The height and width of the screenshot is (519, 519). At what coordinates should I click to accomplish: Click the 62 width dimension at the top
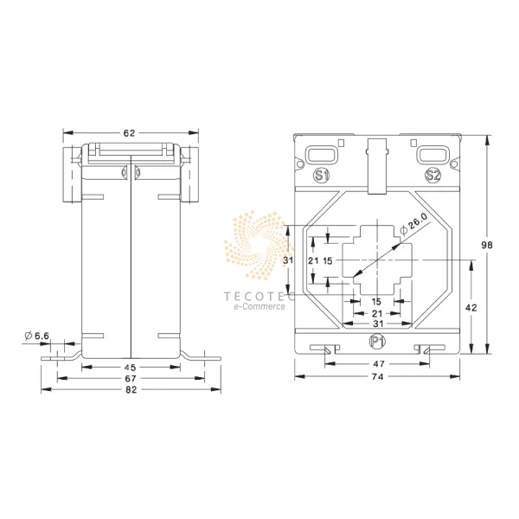click(130, 133)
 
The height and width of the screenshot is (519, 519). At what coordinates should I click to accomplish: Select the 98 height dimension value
click(486, 245)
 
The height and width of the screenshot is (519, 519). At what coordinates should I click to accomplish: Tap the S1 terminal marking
click(321, 176)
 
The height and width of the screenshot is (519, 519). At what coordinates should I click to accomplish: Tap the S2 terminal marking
click(433, 176)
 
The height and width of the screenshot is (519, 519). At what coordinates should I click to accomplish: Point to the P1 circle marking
click(377, 342)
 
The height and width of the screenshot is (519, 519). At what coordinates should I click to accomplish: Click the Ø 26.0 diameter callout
click(413, 224)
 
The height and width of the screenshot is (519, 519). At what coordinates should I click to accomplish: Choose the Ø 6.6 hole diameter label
click(36, 336)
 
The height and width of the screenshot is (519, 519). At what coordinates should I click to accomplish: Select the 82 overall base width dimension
click(131, 389)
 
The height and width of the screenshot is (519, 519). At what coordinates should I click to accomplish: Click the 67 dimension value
click(131, 378)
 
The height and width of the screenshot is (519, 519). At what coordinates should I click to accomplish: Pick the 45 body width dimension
click(130, 367)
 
